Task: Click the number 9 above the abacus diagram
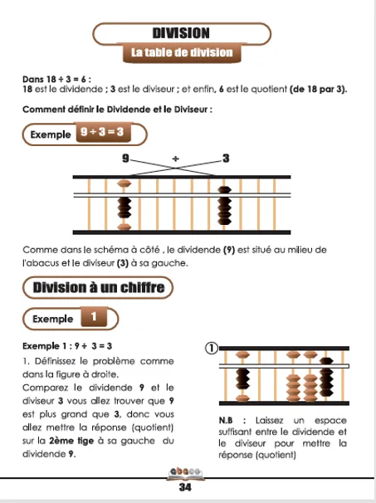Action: [125, 158]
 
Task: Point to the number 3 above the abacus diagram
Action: [226, 158]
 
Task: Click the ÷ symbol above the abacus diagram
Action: [175, 158]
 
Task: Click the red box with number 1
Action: [94, 316]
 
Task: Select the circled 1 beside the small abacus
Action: [212, 349]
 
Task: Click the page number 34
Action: [185, 487]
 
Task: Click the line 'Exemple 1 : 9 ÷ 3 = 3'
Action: [70, 347]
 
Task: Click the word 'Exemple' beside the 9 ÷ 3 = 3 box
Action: [50, 134]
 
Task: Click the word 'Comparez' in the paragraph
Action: [45, 388]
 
